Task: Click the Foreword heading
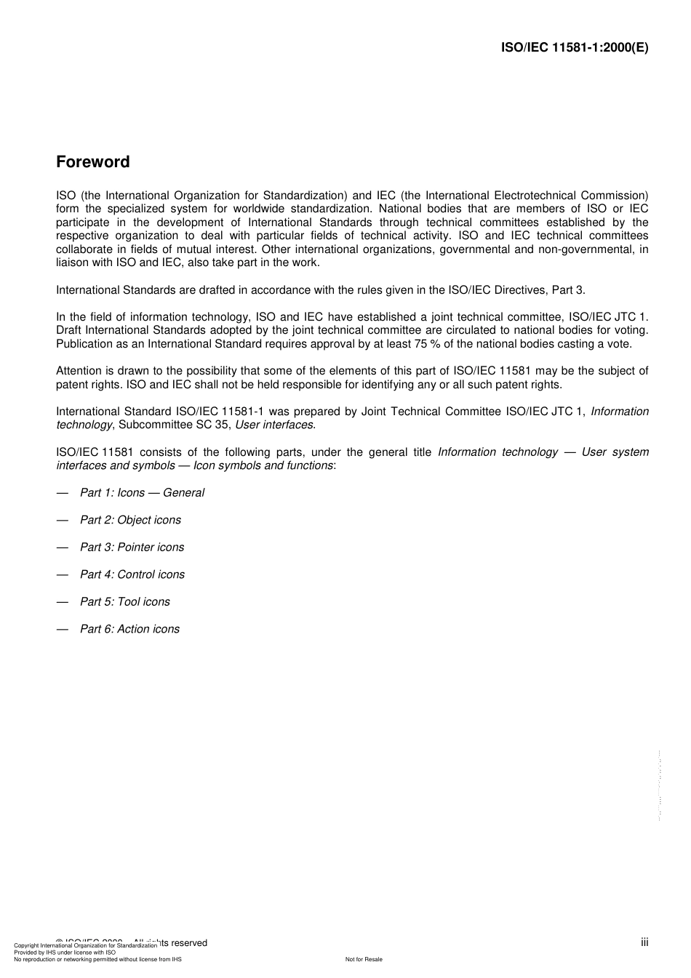click(92, 162)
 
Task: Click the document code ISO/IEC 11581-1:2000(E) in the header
click(575, 48)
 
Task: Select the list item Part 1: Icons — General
click(142, 493)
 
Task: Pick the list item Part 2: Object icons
click(130, 520)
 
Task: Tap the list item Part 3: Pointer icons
click(132, 548)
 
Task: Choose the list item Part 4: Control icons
click(132, 574)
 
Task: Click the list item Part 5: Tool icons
click(124, 602)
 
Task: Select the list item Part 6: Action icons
click(129, 629)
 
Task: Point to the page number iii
click(644, 942)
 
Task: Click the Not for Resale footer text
click(364, 959)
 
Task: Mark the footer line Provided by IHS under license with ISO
click(65, 952)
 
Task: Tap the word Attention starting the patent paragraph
click(79, 371)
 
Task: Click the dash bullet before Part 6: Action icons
click(63, 629)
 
